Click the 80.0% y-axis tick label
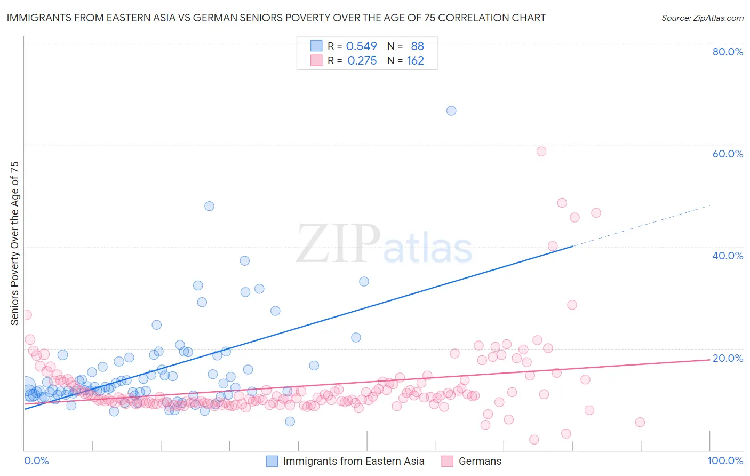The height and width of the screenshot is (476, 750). [x=728, y=52]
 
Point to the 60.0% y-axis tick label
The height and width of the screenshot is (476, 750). [x=728, y=154]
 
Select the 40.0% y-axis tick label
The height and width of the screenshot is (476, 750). [x=728, y=256]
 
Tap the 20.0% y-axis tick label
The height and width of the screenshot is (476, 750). [x=728, y=358]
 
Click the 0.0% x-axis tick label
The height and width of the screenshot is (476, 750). [x=36, y=461]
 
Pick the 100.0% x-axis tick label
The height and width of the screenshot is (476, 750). [x=725, y=461]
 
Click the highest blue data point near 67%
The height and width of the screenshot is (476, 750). [x=451, y=111]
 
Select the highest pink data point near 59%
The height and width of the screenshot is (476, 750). [x=541, y=152]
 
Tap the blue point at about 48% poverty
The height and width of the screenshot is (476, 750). [x=210, y=206]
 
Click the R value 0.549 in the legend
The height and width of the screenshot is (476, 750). [x=361, y=46]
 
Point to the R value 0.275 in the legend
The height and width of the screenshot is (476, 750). [x=362, y=61]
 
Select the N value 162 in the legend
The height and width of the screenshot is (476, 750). [x=415, y=61]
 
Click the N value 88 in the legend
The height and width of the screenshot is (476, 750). [x=417, y=46]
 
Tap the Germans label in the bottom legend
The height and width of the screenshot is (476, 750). [x=480, y=462]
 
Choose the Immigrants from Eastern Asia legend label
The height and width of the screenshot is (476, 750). [x=353, y=462]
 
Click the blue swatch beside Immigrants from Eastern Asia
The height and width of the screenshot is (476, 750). [x=272, y=462]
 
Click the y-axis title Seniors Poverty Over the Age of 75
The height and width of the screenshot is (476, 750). [x=15, y=243]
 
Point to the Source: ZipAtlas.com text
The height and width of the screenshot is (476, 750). [x=702, y=18]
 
